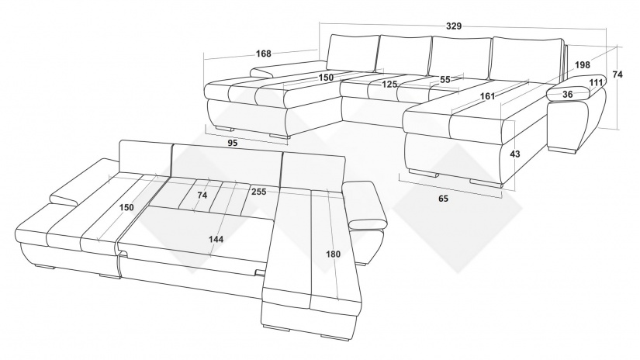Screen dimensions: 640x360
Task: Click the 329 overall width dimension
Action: click(454, 26)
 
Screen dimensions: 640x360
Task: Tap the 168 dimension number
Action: click(263, 54)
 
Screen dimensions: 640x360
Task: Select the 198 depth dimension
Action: click(583, 64)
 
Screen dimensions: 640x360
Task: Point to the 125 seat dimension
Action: click(389, 84)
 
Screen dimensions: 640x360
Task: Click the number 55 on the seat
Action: click(445, 80)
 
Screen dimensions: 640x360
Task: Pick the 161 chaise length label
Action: click(487, 96)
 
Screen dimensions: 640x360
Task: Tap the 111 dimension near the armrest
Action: click(597, 82)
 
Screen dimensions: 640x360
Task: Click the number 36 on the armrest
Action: click(567, 95)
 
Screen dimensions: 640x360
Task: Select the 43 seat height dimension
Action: click(515, 154)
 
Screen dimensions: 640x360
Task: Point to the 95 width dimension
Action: click(232, 143)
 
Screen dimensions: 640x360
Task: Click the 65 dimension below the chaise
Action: click(443, 199)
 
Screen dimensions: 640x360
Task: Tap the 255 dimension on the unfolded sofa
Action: click(259, 192)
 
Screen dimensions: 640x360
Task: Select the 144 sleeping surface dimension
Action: click(216, 239)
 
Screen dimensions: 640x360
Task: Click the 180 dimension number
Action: click(333, 254)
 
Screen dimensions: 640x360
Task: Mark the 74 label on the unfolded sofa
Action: click(202, 195)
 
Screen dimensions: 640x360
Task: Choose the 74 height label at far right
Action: click(618, 74)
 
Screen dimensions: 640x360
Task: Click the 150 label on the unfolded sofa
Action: click(126, 207)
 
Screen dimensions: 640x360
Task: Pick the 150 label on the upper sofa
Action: click(326, 77)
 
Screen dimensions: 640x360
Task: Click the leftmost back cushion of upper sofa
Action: click(353, 52)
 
